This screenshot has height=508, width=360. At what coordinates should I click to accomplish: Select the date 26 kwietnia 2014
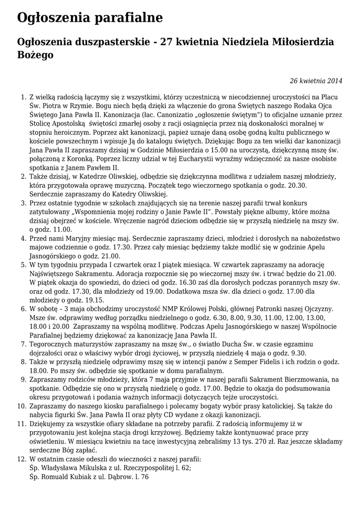click(x=316, y=81)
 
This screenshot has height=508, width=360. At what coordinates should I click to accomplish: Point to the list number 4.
click(x=23, y=238)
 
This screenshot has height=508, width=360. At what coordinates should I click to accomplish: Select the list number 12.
click(x=21, y=459)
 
